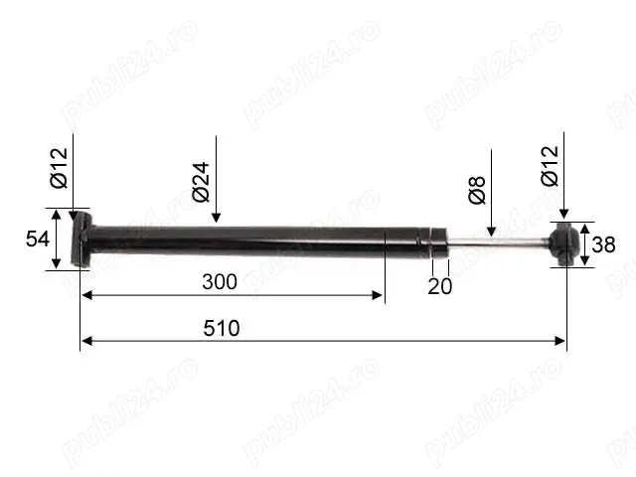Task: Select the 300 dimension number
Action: point(219,281)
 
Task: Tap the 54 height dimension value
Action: point(38,238)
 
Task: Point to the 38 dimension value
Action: point(604,244)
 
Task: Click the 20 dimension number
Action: point(439,286)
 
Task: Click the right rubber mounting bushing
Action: point(564,244)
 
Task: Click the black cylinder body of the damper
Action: point(248,239)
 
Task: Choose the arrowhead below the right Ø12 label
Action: point(563,213)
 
